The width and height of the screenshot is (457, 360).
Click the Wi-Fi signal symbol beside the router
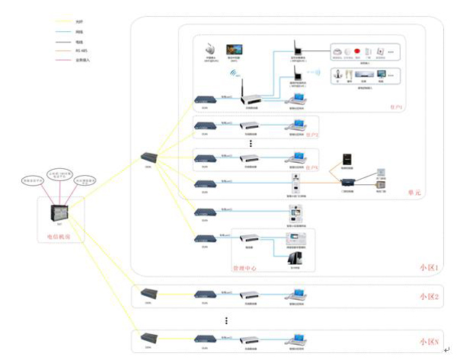[233, 75]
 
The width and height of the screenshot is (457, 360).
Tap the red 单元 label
[414, 194]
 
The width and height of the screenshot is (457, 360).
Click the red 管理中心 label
[245, 269]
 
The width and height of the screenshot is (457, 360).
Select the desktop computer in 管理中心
[295, 259]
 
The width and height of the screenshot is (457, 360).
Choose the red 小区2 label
[429, 296]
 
